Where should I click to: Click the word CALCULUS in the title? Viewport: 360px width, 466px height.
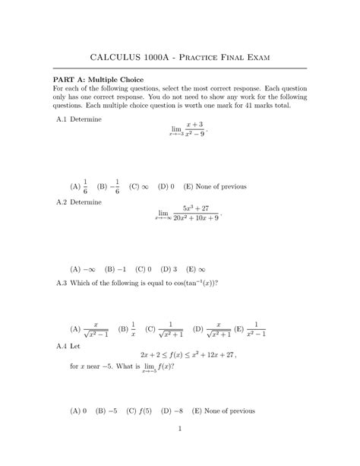click(x=122, y=58)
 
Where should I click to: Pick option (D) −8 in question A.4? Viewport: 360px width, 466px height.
click(x=171, y=411)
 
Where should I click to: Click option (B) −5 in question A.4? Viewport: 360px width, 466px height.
click(x=106, y=411)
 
